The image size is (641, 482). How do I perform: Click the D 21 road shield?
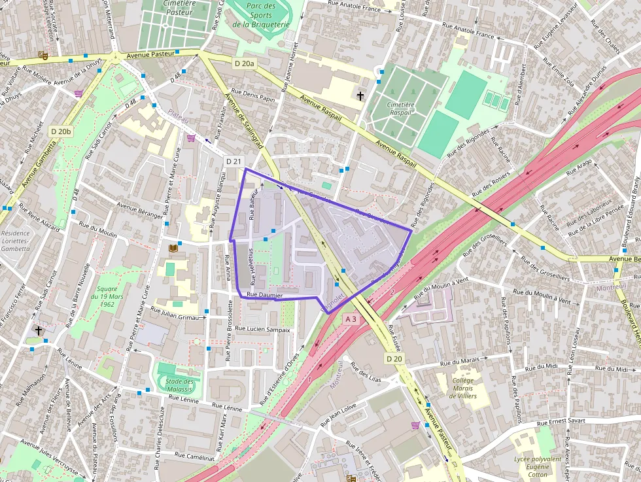click(x=234, y=162)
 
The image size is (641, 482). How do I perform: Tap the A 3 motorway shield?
click(x=351, y=319)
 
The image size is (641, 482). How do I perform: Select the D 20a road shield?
click(x=243, y=63)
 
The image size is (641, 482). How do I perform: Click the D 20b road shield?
click(x=60, y=131)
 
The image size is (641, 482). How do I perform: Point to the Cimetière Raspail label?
click(x=400, y=108)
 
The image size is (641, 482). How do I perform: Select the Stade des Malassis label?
click(x=179, y=385)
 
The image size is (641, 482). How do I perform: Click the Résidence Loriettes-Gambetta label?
click(x=16, y=240)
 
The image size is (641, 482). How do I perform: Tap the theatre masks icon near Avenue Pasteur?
click(x=44, y=56)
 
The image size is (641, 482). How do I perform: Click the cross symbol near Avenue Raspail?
click(x=360, y=97)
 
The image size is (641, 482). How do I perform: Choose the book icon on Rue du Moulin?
click(x=173, y=249)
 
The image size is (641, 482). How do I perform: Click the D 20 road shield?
click(x=394, y=358)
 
